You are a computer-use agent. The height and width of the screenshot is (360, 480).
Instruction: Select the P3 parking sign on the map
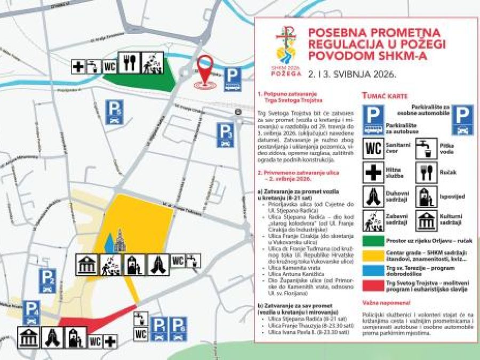225,135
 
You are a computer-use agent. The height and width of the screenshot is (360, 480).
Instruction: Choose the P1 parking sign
159,329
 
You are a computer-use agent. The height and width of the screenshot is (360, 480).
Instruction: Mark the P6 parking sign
178,329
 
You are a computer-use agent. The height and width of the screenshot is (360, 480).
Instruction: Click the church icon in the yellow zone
119,241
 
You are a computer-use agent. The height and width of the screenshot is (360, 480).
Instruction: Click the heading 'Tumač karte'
385,96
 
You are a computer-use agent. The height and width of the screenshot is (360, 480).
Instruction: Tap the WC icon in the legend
373,148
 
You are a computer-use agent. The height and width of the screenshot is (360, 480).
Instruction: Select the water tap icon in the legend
426,148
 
